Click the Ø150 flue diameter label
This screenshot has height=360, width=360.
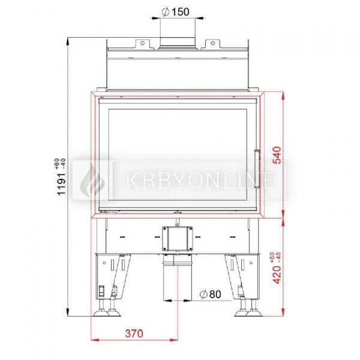175,12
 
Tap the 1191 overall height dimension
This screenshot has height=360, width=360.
61,184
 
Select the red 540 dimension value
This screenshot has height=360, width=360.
277,155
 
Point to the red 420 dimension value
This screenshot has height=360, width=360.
277,275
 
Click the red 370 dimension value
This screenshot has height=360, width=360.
134,334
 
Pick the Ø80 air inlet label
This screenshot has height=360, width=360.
211,295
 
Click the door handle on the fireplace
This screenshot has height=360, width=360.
257,169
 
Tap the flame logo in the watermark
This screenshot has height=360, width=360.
92,179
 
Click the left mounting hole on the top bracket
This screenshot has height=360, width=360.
142,43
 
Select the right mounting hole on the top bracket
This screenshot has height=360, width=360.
212,43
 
